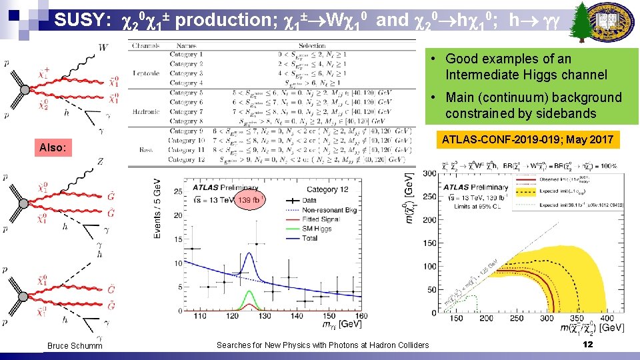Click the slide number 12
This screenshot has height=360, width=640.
click(587, 344)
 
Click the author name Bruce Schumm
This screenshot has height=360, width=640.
click(75, 345)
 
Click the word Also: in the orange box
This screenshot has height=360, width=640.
click(53, 147)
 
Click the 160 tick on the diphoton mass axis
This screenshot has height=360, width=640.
click(361, 317)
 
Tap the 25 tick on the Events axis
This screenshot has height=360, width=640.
click(177, 191)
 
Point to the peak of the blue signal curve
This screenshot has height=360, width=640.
click(249, 253)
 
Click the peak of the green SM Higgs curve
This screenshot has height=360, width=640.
click(249, 291)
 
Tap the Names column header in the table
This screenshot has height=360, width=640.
click(187, 46)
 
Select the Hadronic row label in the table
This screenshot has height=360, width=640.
click(145, 112)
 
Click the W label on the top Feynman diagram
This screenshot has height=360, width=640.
click(102, 47)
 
